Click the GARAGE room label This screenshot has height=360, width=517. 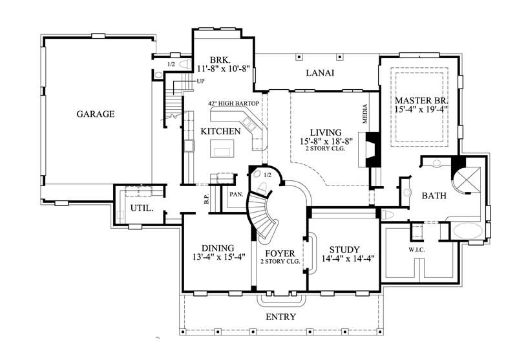coord(95,114)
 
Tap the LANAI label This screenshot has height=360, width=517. coord(319,73)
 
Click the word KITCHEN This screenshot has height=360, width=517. coord(220,131)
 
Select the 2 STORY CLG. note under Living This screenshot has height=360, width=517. coord(326,149)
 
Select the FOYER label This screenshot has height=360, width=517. coord(280,253)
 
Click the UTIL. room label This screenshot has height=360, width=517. coord(141,209)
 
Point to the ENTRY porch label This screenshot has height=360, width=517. coord(280,317)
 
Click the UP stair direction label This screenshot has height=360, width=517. coord(200,81)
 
